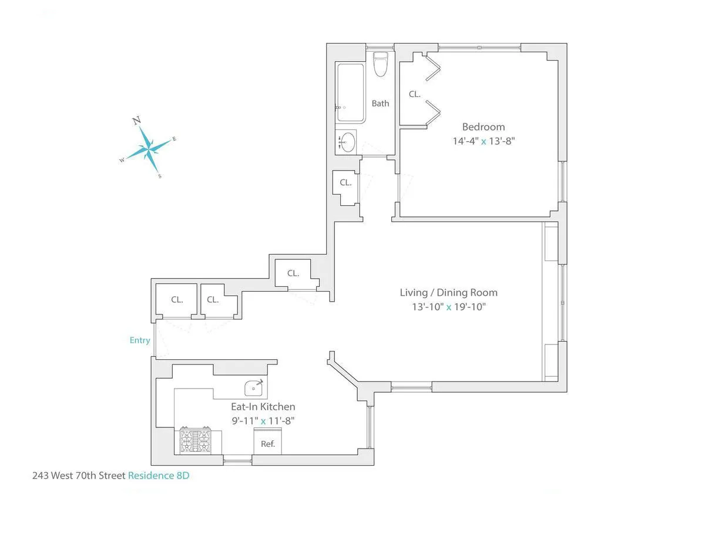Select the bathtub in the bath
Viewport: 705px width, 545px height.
tap(350, 93)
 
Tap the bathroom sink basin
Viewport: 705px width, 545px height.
tap(348, 142)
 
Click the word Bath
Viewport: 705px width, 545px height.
tap(380, 103)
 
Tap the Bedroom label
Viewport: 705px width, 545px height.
tap(483, 127)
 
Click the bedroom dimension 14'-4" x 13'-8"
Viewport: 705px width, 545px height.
tap(483, 141)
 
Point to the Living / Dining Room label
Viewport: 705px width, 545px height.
tap(448, 293)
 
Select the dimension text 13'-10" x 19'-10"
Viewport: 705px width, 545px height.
tap(448, 307)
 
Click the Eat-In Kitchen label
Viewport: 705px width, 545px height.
tap(263, 407)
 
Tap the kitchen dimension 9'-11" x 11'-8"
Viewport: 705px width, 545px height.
tap(263, 421)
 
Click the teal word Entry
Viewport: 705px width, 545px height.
tap(140, 340)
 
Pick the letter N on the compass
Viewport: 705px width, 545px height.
tap(137, 121)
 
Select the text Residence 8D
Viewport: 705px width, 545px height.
tap(159, 476)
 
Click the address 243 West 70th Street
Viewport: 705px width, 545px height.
tap(79, 476)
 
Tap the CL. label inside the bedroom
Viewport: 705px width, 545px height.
tap(415, 94)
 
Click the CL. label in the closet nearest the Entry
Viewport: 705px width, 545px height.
tap(177, 300)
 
